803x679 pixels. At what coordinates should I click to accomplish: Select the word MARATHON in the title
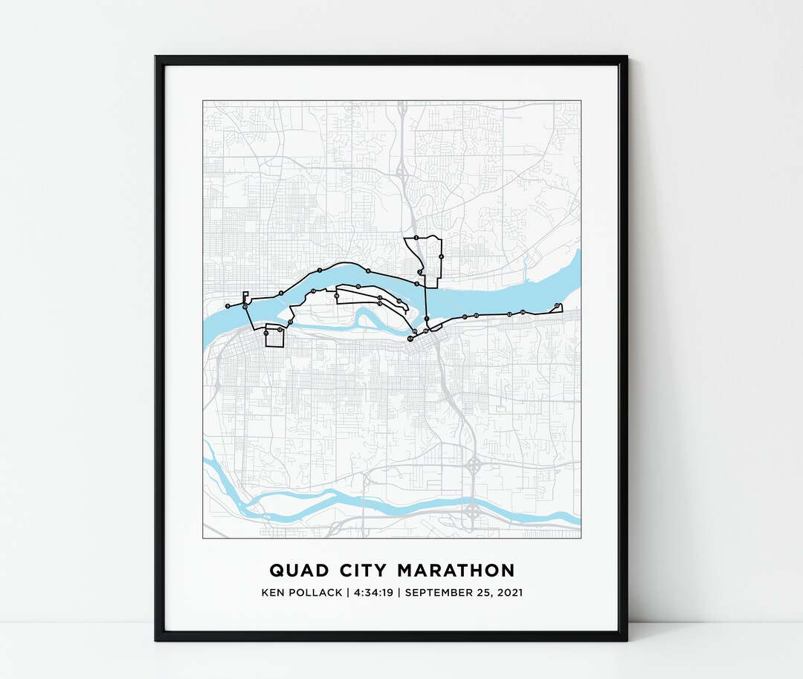456,571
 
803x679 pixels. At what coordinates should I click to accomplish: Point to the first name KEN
273,593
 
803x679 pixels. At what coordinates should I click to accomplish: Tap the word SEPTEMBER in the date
442,593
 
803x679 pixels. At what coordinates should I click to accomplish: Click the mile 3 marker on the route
416,238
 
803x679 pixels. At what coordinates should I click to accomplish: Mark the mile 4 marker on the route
442,256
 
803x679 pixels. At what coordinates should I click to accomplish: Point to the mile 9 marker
228,305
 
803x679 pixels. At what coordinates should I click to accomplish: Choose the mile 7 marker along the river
320,270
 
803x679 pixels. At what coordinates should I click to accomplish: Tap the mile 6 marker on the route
368,271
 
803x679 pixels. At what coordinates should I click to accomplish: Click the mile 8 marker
281,293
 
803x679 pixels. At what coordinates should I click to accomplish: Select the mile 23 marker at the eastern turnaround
557,305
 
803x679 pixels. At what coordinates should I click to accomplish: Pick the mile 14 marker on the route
313,291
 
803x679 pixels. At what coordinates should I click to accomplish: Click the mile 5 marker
416,284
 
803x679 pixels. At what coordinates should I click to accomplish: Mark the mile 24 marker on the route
523,312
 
